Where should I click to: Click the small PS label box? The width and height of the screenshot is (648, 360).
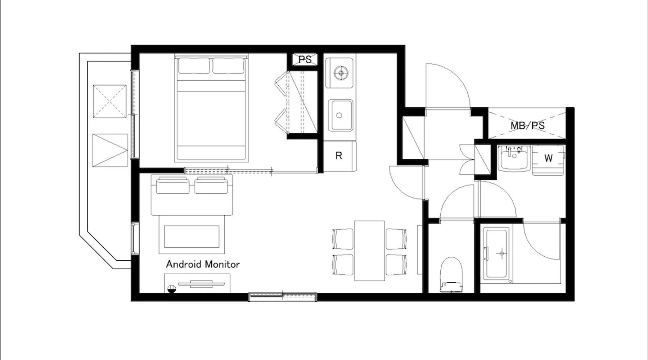coord(305,59)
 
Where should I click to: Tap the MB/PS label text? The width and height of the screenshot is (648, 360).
coord(527,126)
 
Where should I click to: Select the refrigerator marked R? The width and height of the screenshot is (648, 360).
coord(339,156)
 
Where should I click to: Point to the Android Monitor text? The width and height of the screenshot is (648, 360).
coord(203,264)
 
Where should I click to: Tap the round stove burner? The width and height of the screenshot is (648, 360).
coord(340,73)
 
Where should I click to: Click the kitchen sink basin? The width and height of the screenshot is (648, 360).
coord(340,115)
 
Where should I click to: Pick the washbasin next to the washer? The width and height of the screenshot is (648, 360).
coord(514,158)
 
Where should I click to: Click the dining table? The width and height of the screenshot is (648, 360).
coord(369,251)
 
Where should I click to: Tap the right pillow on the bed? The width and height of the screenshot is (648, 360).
coord(228,66)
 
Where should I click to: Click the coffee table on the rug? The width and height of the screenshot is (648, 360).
coord(192,237)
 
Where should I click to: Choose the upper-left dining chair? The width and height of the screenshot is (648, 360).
coord(343,239)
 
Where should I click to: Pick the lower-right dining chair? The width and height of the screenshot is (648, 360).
coord(396,265)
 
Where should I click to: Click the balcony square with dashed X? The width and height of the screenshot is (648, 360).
coord(110,101)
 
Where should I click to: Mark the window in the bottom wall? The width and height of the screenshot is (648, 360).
coord(283,297)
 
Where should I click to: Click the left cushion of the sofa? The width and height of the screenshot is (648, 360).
coord(172,185)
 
